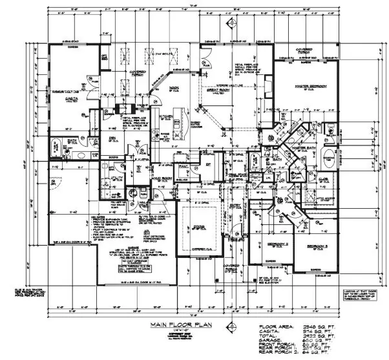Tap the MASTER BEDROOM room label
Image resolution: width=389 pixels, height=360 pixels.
coord(309,86)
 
